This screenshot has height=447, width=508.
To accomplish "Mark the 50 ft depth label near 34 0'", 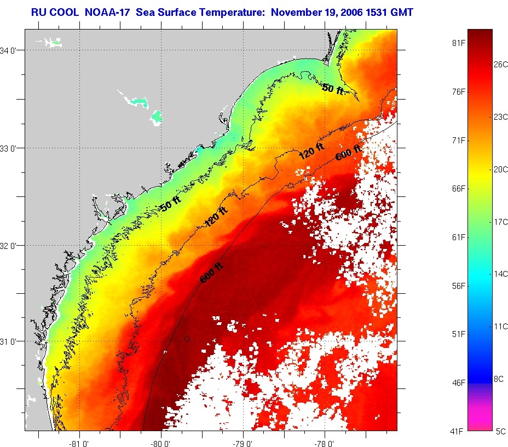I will pos(333,89).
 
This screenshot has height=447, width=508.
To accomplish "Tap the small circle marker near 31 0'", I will pos(187,339).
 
